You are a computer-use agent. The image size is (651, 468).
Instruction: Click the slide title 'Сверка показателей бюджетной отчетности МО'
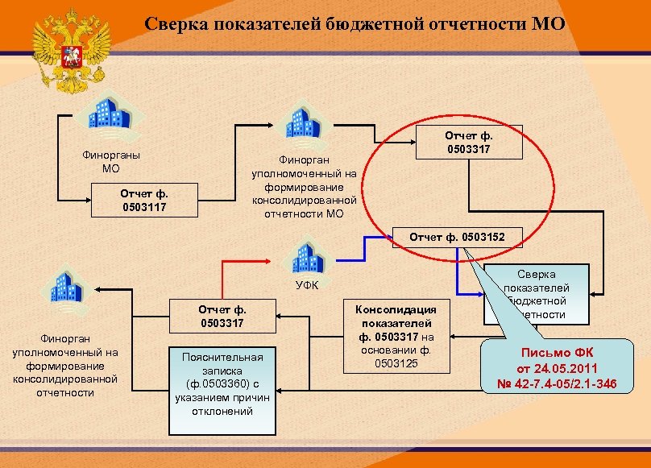pos(355,24)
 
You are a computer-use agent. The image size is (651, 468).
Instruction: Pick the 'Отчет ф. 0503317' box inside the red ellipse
pos(469,143)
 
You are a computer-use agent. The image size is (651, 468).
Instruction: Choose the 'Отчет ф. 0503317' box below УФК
pos(222,315)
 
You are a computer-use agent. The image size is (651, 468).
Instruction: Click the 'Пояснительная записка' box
pos(222,383)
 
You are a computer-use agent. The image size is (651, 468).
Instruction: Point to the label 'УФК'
pos(307,284)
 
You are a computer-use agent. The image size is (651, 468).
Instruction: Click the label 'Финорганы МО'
pos(110,161)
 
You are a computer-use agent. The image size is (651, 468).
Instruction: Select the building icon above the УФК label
pos(308,255)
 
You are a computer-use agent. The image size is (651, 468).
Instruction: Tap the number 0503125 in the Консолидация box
pos(396,362)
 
